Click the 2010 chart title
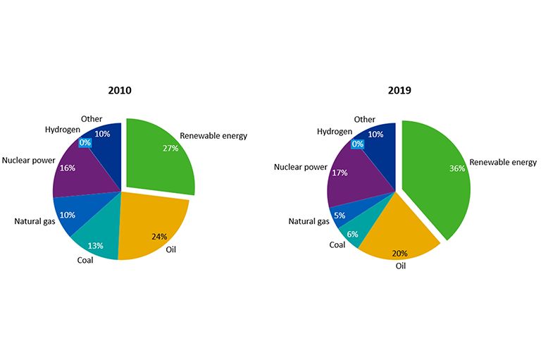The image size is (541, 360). click(120, 90)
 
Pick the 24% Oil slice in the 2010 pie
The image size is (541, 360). click(151, 225)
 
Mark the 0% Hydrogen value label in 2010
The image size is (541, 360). click(85, 142)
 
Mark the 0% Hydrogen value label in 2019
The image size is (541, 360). click(357, 144)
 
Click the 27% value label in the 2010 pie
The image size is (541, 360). click(170, 149)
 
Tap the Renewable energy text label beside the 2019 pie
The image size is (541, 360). click(503, 162)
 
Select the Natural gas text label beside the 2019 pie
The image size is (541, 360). click(309, 221)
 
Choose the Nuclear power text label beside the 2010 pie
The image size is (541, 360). click(28, 160)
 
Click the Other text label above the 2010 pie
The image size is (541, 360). click(92, 118)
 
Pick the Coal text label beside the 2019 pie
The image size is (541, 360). click(337, 245)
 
